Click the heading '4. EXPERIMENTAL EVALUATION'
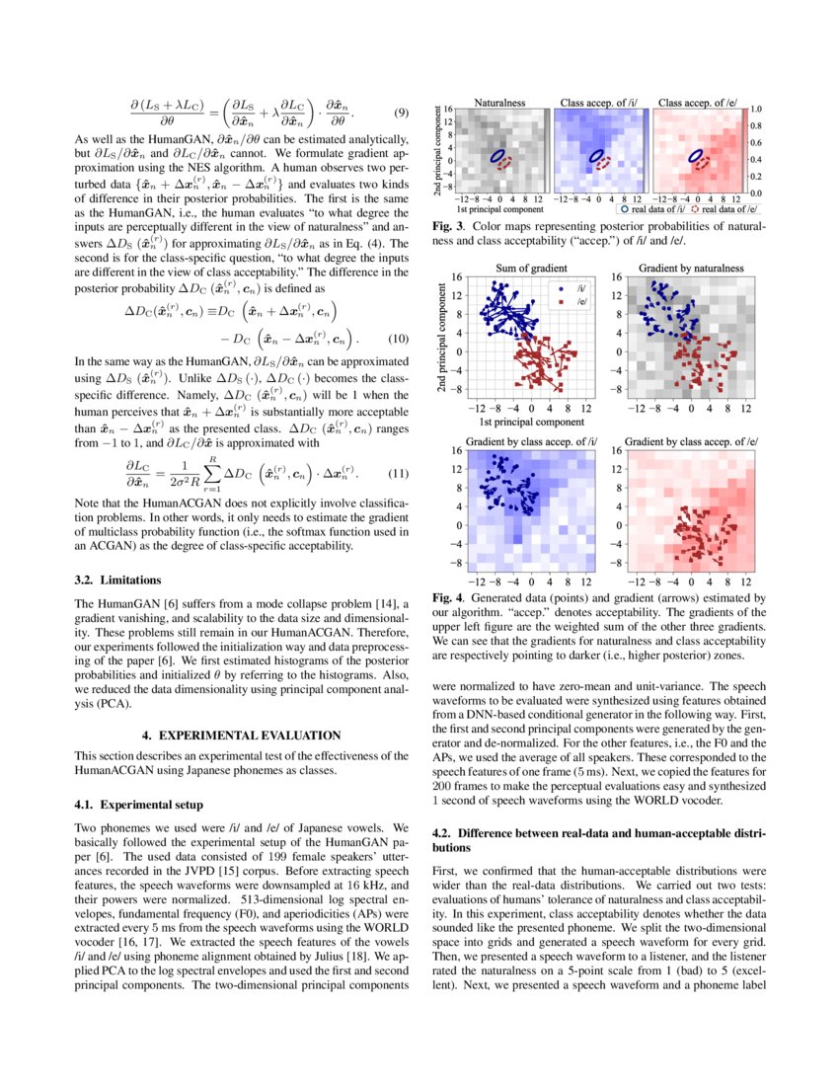pos(241,736)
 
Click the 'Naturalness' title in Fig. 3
pos(499,102)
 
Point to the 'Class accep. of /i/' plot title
pos(595,102)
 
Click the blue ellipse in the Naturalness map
pos(500,155)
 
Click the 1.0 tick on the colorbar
pos(758,110)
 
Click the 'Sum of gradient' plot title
pos(531,267)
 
